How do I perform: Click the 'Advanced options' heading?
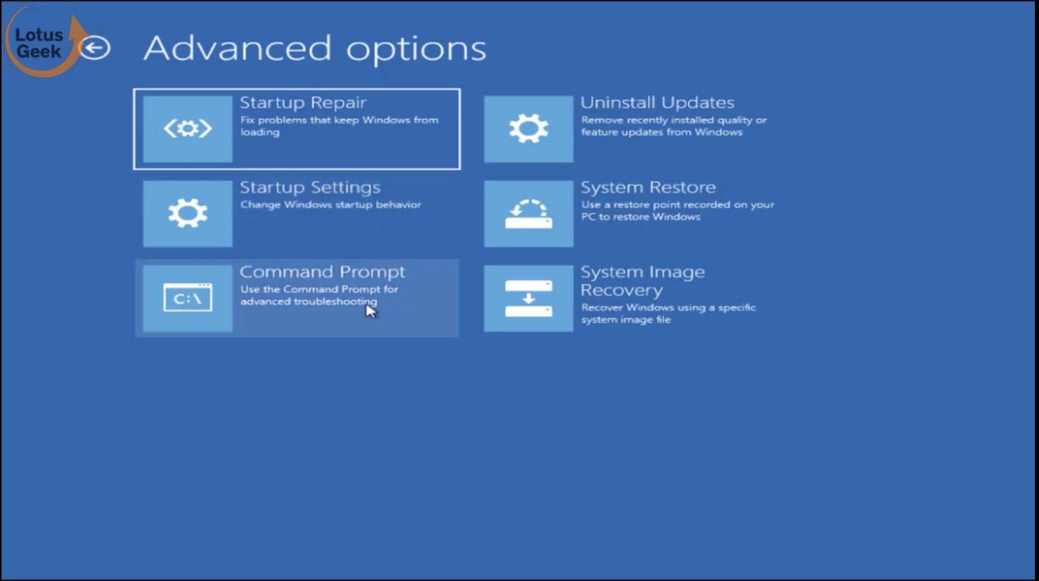click(315, 49)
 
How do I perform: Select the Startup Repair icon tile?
click(188, 129)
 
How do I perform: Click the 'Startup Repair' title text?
click(303, 102)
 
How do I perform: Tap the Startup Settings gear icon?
click(188, 213)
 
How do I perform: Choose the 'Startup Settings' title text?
click(310, 187)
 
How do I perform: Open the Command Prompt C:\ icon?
click(188, 298)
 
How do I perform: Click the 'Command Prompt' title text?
click(322, 272)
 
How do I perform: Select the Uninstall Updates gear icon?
click(529, 129)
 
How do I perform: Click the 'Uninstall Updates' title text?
click(657, 102)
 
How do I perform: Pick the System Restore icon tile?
click(529, 213)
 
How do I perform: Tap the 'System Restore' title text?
click(648, 187)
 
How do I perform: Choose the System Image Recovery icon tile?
click(529, 298)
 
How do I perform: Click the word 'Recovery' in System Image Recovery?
click(622, 291)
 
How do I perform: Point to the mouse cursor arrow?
click(371, 311)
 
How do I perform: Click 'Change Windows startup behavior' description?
click(331, 205)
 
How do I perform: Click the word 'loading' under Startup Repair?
click(260, 132)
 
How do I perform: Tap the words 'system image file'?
click(626, 320)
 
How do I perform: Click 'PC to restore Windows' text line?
click(641, 217)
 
